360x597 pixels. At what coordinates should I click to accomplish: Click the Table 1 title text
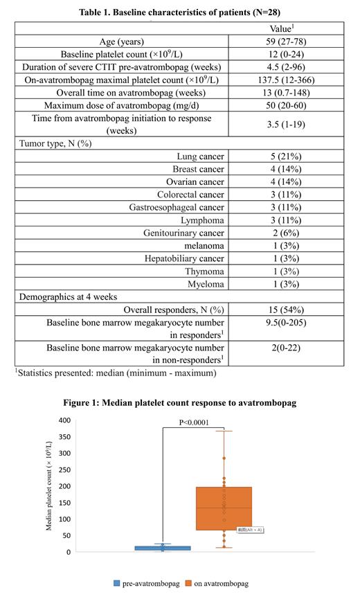179,11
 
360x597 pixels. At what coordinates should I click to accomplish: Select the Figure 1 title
180,404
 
